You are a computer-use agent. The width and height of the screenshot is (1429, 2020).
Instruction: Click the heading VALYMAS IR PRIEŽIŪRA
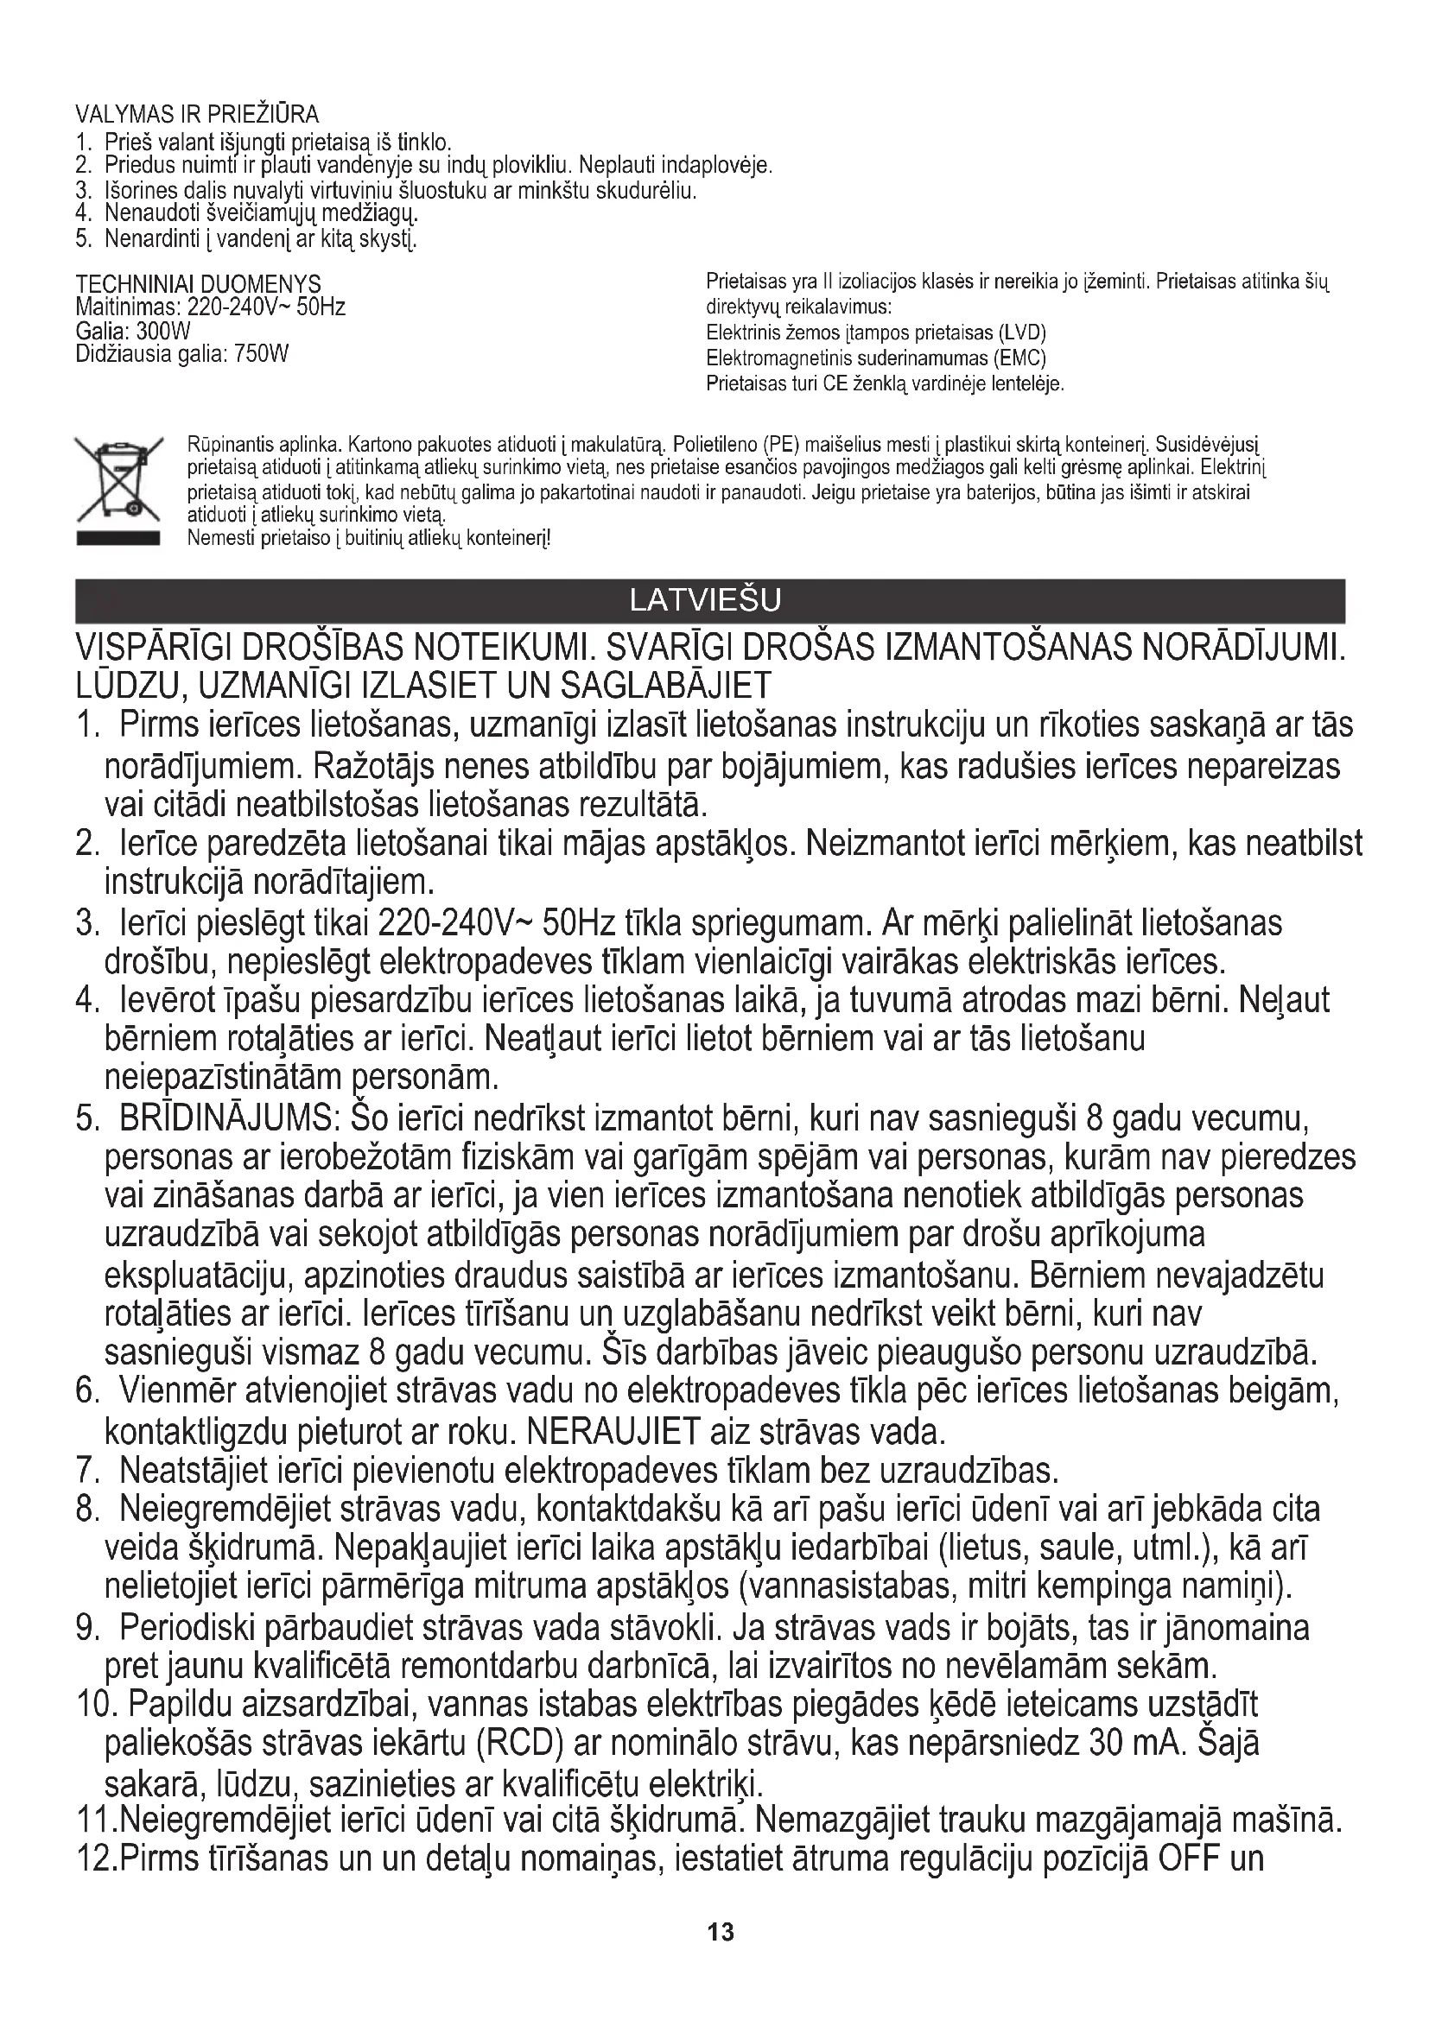(197, 114)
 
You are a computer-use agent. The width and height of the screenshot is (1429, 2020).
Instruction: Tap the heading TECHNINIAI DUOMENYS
(198, 284)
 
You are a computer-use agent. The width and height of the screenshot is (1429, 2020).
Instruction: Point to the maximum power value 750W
(261, 354)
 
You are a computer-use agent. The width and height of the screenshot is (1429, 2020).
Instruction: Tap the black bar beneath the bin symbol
(117, 538)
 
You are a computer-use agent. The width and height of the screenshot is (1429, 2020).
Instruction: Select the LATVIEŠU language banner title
(706, 600)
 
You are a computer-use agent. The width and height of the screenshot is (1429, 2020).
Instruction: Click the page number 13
(720, 1932)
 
